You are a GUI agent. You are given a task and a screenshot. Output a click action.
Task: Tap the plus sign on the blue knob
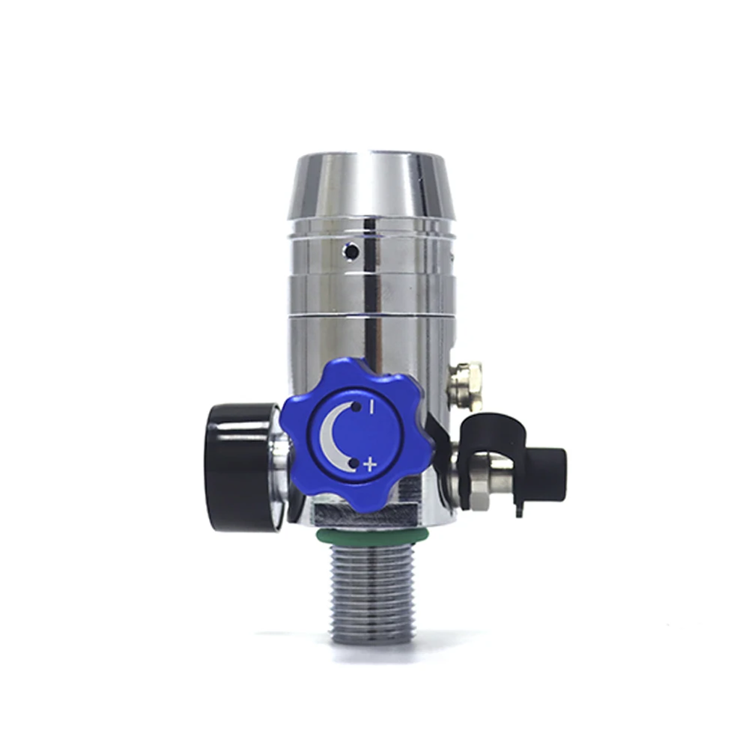[369, 464]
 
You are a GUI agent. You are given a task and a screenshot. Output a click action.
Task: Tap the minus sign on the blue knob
[371, 407]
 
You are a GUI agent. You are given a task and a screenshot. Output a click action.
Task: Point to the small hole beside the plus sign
[353, 464]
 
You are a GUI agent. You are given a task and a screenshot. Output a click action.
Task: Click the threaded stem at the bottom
[372, 592]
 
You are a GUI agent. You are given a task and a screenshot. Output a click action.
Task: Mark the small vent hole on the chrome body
[348, 250]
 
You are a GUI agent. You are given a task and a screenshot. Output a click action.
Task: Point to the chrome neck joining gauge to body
[278, 466]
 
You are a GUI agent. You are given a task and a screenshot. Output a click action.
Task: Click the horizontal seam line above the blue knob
[372, 315]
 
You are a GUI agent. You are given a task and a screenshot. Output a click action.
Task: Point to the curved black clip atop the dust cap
[491, 424]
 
